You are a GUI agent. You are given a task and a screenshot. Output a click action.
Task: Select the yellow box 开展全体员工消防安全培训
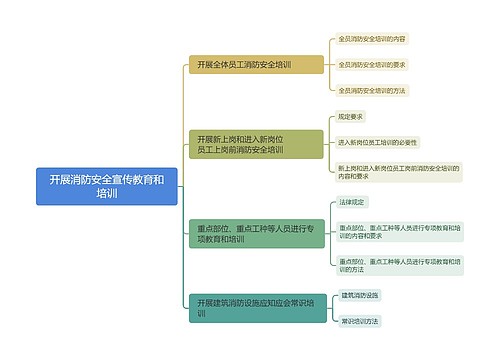pos(255,65)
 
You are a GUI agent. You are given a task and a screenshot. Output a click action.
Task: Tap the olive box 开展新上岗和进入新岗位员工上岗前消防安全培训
pos(255,144)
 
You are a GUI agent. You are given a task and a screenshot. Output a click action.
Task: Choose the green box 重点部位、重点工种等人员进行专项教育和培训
pos(255,234)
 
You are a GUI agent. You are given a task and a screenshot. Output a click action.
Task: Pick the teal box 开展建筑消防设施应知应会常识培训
pos(255,308)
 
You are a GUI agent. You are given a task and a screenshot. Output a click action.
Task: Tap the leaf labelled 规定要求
pos(353,117)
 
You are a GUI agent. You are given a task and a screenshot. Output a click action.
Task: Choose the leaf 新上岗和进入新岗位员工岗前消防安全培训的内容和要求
pos(398,172)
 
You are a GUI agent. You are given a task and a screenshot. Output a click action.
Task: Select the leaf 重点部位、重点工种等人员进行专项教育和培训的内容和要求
pos(398,232)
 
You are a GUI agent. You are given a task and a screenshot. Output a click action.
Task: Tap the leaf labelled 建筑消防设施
pos(360,295)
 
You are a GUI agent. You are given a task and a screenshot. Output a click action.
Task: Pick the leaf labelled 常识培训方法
pos(360,321)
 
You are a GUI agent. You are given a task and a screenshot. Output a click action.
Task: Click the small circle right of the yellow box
pos(328,65)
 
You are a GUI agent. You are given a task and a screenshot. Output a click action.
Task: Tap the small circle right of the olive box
pos(328,144)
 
